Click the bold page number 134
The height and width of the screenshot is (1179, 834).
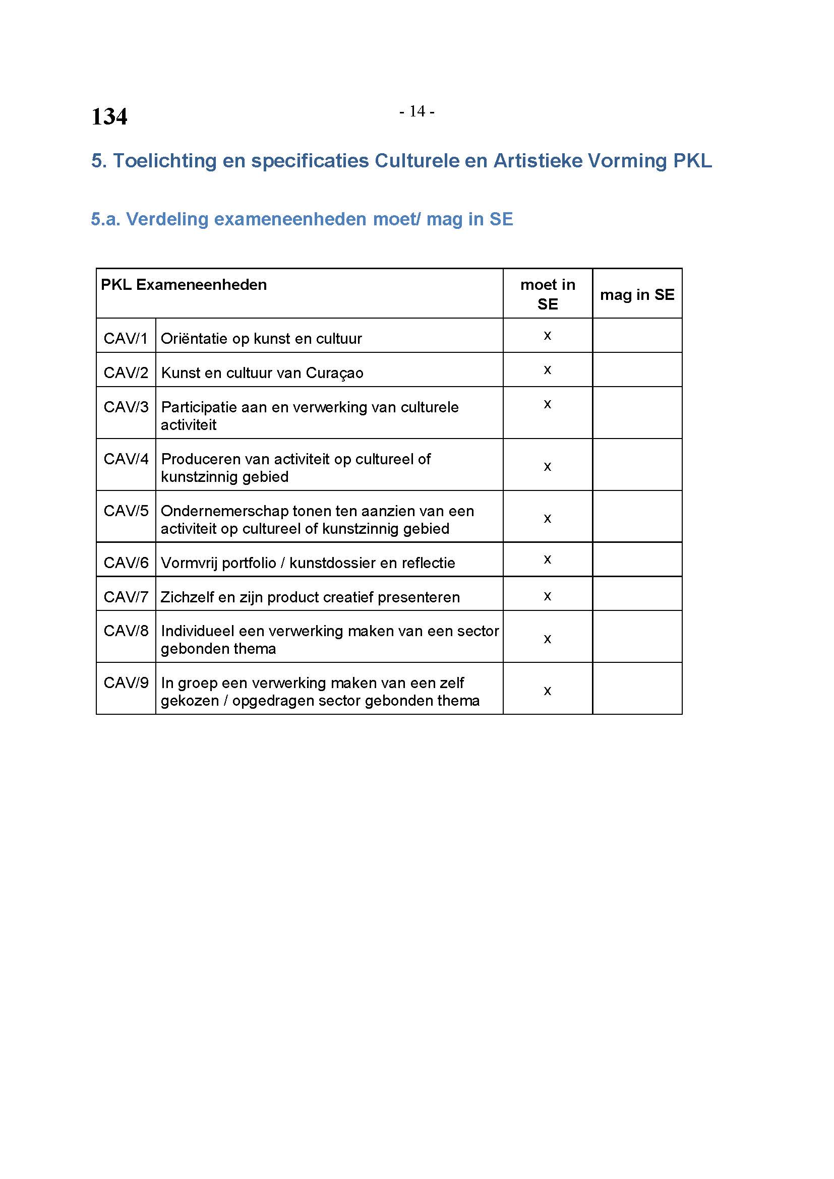point(109,116)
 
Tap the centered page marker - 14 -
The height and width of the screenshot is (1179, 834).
point(416,111)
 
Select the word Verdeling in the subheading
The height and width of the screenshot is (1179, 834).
point(167,219)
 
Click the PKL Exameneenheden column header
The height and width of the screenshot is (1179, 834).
point(184,285)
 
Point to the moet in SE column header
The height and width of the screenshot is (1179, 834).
point(548,294)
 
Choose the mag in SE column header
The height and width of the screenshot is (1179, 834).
point(637,295)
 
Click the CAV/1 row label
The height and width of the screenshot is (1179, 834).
point(126,338)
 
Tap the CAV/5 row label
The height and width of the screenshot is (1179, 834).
point(126,511)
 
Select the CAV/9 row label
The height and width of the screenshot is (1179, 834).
point(126,683)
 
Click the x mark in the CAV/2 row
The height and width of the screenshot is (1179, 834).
point(548,369)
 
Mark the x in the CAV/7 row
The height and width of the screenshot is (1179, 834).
point(548,596)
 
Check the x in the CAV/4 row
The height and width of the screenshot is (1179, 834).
point(548,466)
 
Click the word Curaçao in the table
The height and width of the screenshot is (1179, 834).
point(334,374)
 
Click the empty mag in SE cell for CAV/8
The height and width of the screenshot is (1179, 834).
point(637,637)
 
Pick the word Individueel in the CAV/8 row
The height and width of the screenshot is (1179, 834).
point(198,631)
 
